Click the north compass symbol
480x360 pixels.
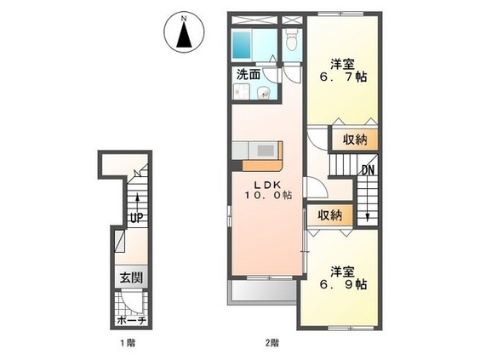click(x=184, y=32)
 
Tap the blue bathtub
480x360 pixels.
click(x=241, y=44)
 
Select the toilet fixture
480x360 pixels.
click(x=292, y=39)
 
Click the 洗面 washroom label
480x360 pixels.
click(x=249, y=74)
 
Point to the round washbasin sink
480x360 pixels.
click(x=263, y=93)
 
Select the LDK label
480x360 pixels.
click(x=267, y=185)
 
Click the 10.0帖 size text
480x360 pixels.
click(x=267, y=195)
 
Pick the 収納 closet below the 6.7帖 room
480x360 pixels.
click(x=355, y=140)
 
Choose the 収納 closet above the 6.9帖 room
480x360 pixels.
click(x=329, y=215)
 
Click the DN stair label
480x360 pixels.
click(x=368, y=170)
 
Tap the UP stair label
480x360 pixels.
click(x=136, y=218)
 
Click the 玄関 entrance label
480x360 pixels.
click(x=131, y=278)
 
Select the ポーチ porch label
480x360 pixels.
click(x=131, y=321)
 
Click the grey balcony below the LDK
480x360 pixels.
click(x=264, y=291)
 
